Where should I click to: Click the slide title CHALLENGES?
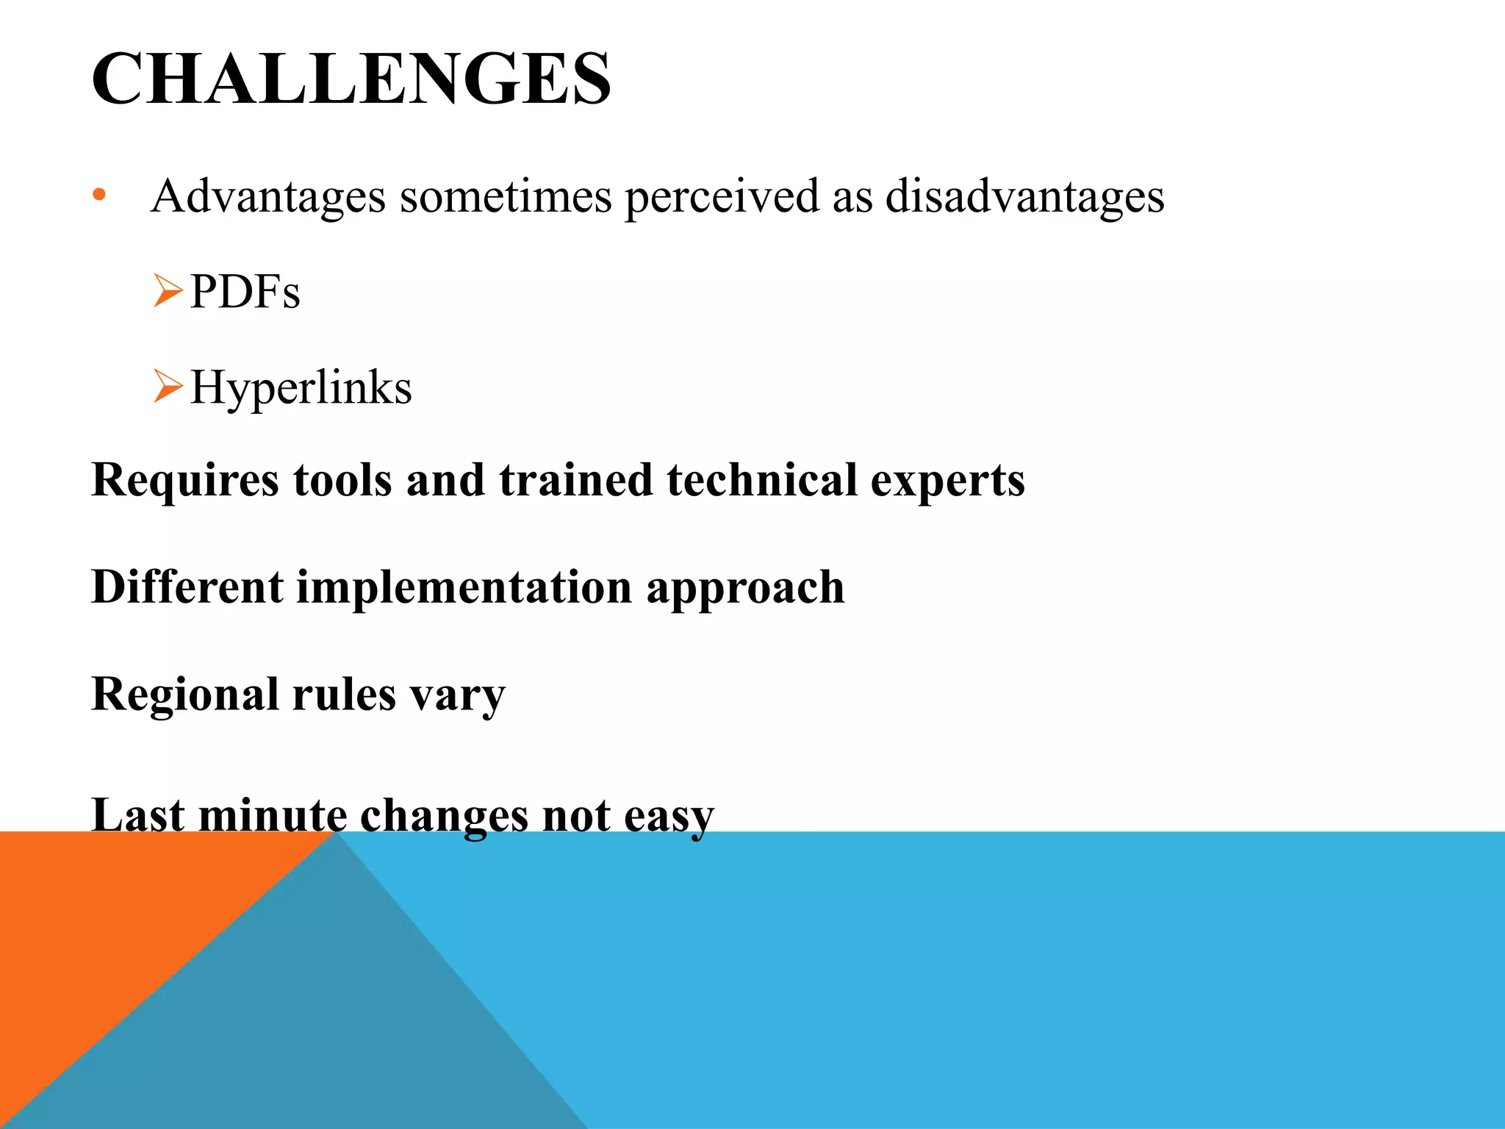[351, 79]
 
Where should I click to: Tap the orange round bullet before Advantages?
[100, 196]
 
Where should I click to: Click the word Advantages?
[268, 197]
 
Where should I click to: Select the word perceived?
[722, 197]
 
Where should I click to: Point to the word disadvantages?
[1024, 197]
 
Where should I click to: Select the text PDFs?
[245, 292]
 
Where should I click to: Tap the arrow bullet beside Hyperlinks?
[168, 386]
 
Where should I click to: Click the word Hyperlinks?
[301, 388]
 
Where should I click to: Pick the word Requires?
[184, 481]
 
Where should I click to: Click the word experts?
[947, 481]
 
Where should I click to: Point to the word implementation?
[464, 588]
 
